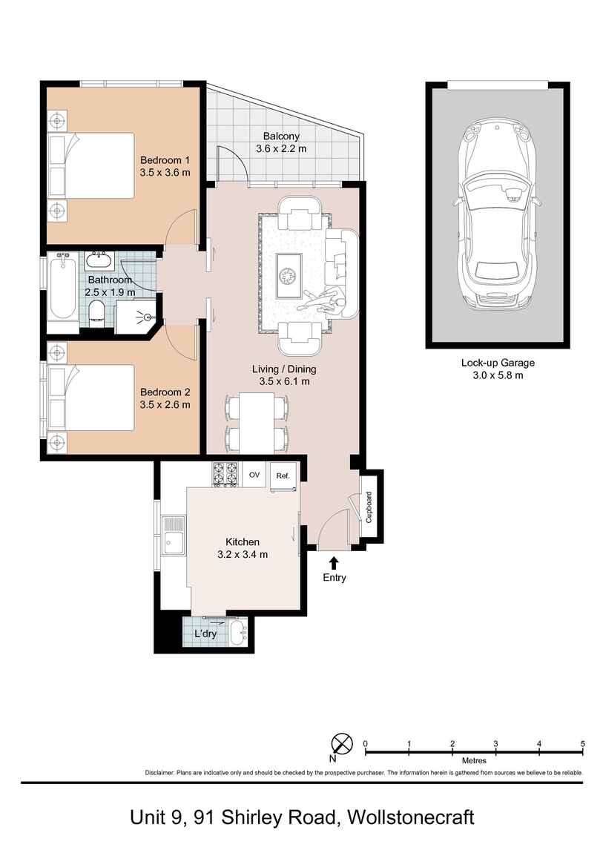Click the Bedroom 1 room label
point(165,160)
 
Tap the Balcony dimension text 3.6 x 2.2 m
point(280,149)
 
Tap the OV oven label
point(254,475)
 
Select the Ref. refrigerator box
point(283,476)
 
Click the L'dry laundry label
point(205,635)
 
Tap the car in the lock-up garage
point(496,215)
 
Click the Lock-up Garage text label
point(497,363)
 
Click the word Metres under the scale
point(474,760)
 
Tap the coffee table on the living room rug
point(288,275)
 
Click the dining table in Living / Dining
point(257,419)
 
